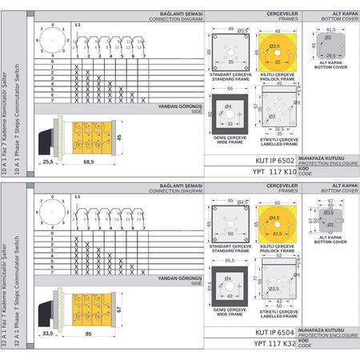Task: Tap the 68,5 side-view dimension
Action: [88, 162]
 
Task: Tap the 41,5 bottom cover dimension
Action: [330, 30]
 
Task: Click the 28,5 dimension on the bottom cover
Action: [330, 55]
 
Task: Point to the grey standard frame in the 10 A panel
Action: [230, 58]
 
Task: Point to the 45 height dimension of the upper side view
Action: [118, 138]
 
